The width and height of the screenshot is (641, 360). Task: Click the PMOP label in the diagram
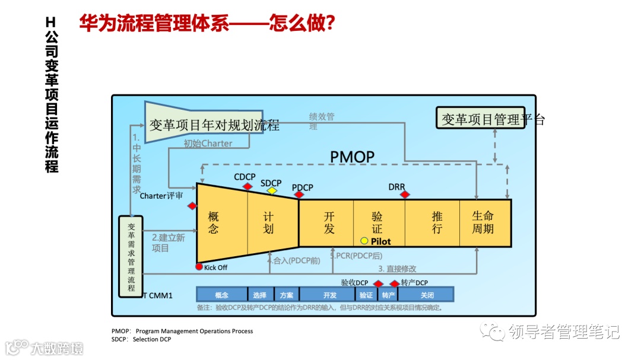coord(353,157)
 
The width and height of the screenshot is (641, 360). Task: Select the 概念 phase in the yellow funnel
coord(214,223)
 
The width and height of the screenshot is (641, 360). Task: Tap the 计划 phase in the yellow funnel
coord(268,223)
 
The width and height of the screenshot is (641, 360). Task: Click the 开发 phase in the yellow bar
coord(329,223)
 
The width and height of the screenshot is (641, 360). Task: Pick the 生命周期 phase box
coord(483,223)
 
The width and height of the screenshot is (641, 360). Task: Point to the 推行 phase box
coord(437,223)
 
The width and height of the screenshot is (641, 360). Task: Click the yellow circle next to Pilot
coord(364,241)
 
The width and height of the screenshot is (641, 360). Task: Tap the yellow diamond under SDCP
coord(272,190)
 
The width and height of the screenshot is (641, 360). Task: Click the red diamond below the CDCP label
coord(247,187)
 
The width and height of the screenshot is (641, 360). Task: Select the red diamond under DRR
coord(404,195)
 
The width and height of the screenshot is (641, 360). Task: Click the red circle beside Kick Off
coord(199,267)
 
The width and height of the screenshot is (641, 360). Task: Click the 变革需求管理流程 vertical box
coord(132,256)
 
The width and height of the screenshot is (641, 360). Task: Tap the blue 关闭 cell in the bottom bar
coord(427,295)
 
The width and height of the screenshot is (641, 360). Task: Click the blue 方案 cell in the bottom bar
coord(287,295)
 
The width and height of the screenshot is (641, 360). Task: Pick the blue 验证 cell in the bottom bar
coord(366,295)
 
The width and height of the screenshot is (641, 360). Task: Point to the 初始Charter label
coord(208,144)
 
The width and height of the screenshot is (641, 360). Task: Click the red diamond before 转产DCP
coord(395,283)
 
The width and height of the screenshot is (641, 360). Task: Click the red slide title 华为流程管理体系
coord(208,24)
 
